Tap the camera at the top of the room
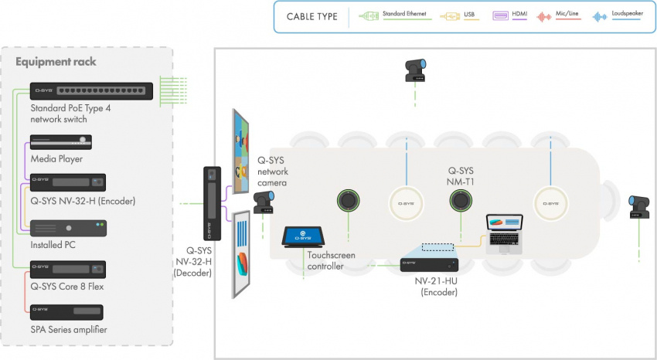click(416, 70)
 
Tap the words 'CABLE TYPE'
click(311, 16)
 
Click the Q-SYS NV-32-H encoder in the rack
click(67, 183)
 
